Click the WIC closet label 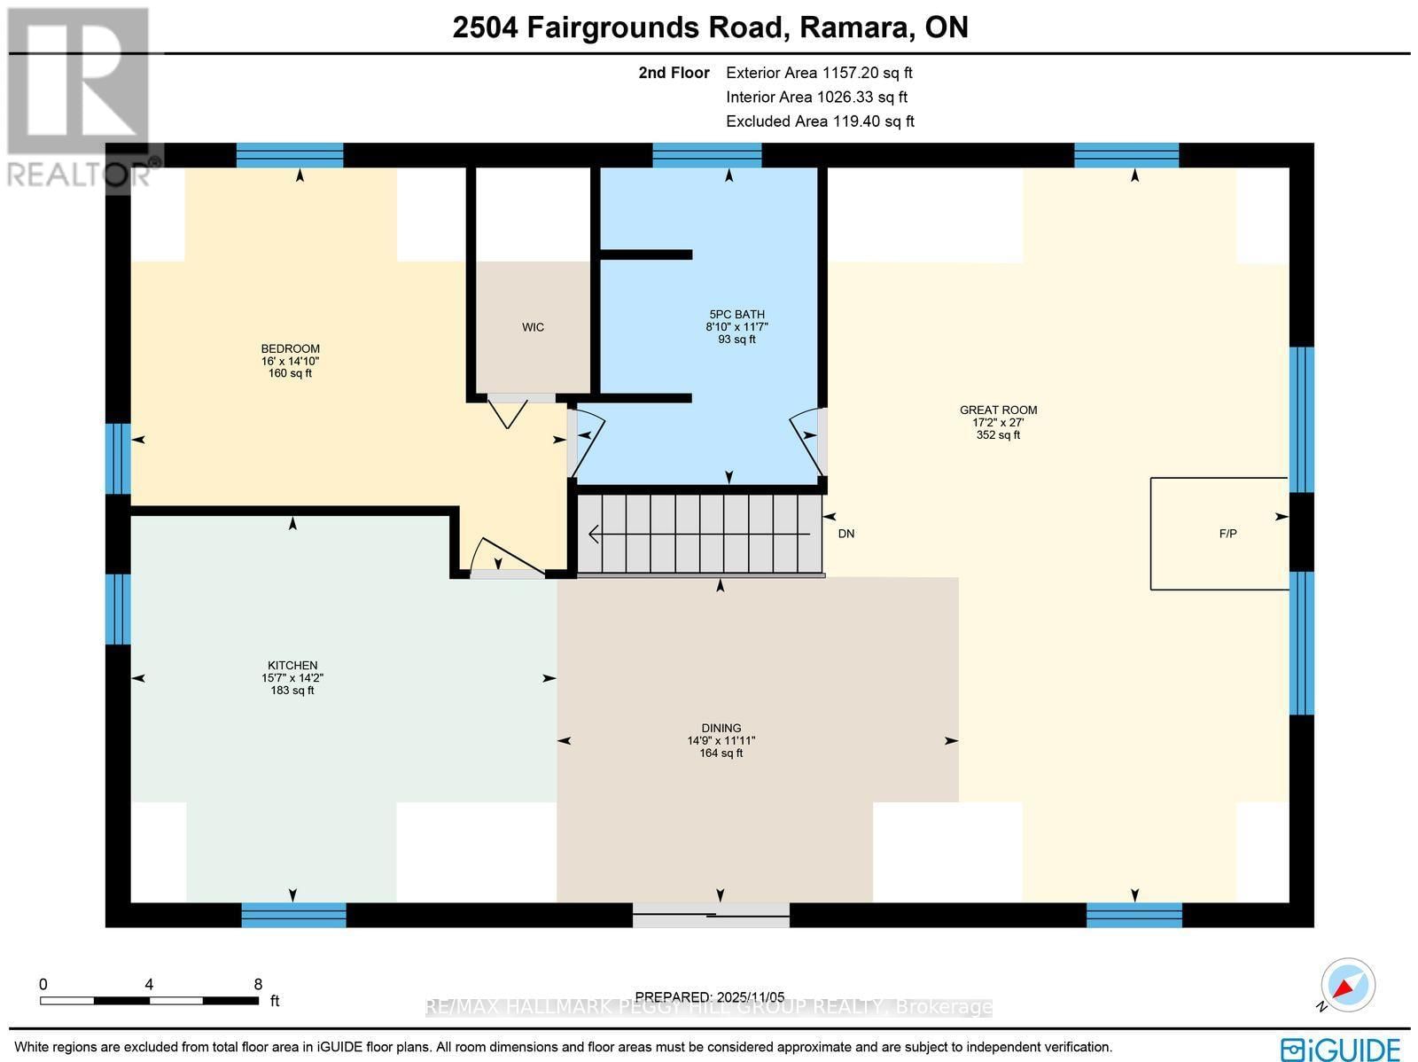pos(533,327)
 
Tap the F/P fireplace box pos(1219,534)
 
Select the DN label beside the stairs pos(845,534)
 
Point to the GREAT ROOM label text pos(998,410)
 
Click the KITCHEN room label pos(292,666)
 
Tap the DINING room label pos(721,728)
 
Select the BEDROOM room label pos(290,348)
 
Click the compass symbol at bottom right pos(1347,986)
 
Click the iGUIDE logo pos(1341,1048)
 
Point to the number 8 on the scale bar pos(258,984)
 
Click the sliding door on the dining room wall pos(711,915)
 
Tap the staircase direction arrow pos(700,535)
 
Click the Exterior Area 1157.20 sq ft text pos(819,73)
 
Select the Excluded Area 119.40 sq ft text pos(820,121)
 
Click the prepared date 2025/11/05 pos(710,997)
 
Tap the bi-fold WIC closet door pos(509,410)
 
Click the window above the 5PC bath pos(707,156)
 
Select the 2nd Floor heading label pos(674,73)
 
